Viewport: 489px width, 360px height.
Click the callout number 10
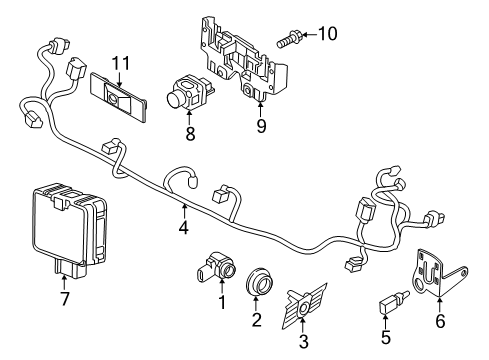click(x=328, y=34)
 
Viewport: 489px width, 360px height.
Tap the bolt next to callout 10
click(x=289, y=39)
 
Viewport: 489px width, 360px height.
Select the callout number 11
click(x=120, y=63)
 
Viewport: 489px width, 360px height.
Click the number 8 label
click(x=190, y=134)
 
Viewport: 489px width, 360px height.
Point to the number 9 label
click(x=261, y=126)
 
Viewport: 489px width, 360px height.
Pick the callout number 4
click(x=183, y=228)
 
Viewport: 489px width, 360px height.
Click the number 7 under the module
click(x=64, y=298)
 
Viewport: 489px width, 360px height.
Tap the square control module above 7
click(x=70, y=230)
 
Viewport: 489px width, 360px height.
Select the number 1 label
click(x=222, y=302)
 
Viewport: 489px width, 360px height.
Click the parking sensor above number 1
click(x=216, y=267)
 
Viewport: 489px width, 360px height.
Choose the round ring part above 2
click(x=260, y=281)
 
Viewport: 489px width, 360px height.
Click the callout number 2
click(x=256, y=319)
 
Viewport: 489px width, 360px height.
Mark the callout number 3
click(x=303, y=341)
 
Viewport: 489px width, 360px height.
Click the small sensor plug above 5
click(x=394, y=302)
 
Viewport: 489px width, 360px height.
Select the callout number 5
click(x=385, y=337)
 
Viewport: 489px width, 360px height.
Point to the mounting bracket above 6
click(x=439, y=273)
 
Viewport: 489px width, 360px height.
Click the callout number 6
click(x=440, y=321)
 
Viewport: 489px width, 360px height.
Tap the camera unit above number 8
click(x=189, y=92)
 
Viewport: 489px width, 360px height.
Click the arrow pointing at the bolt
click(x=309, y=34)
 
